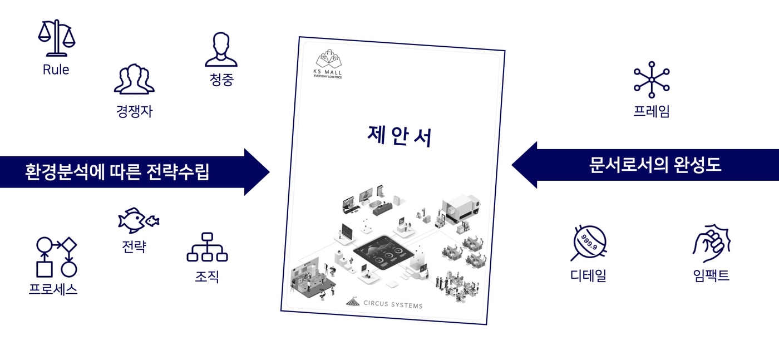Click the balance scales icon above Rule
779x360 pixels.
pyautogui.click(x=57, y=38)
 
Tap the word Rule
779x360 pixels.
pyautogui.click(x=56, y=70)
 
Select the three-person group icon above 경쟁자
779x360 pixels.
pyautogui.click(x=134, y=79)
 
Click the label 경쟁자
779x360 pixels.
pyautogui.click(x=134, y=111)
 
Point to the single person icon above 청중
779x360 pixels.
pyautogui.click(x=221, y=50)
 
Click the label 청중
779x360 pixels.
pyautogui.click(x=221, y=80)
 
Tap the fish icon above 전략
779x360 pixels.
pyautogui.click(x=139, y=220)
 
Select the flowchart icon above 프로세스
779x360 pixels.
pyautogui.click(x=56, y=257)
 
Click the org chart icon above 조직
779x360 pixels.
pyautogui.click(x=207, y=247)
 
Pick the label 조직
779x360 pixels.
pyautogui.click(x=207, y=277)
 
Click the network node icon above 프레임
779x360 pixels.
pyautogui.click(x=652, y=80)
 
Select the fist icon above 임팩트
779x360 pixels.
pyautogui.click(x=712, y=243)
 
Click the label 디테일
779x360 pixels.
pyautogui.click(x=589, y=275)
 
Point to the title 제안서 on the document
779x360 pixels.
pyautogui.click(x=400, y=136)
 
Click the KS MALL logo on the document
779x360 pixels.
pyautogui.click(x=328, y=64)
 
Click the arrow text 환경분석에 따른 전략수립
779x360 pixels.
pyautogui.click(x=117, y=171)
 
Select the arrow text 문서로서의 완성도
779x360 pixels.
pyautogui.click(x=655, y=165)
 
